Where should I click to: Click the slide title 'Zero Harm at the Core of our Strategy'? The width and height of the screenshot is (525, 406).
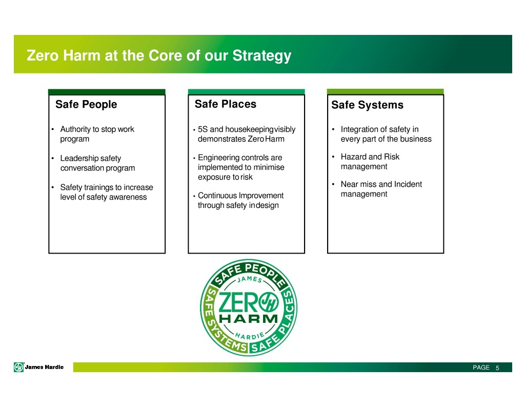pyautogui.click(x=159, y=55)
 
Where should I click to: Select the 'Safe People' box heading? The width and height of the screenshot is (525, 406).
pyautogui.click(x=86, y=104)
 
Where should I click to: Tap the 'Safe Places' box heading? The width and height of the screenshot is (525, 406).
pyautogui.click(x=226, y=104)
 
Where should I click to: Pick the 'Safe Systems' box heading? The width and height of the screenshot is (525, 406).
pyautogui.click(x=367, y=105)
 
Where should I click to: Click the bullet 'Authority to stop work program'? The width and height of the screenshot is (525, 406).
pyautogui.click(x=97, y=134)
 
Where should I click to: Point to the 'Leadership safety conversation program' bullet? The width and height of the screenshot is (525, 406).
pyautogui.click(x=97, y=163)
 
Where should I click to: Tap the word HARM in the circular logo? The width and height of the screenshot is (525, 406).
pyautogui.click(x=249, y=319)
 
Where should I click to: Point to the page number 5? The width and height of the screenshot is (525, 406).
pyautogui.click(x=497, y=368)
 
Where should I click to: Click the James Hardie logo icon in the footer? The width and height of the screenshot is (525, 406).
pyautogui.click(x=19, y=368)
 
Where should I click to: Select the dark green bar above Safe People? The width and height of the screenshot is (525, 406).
pyautogui.click(x=107, y=92)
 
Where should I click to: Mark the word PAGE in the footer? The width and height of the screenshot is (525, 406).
pyautogui.click(x=481, y=368)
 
